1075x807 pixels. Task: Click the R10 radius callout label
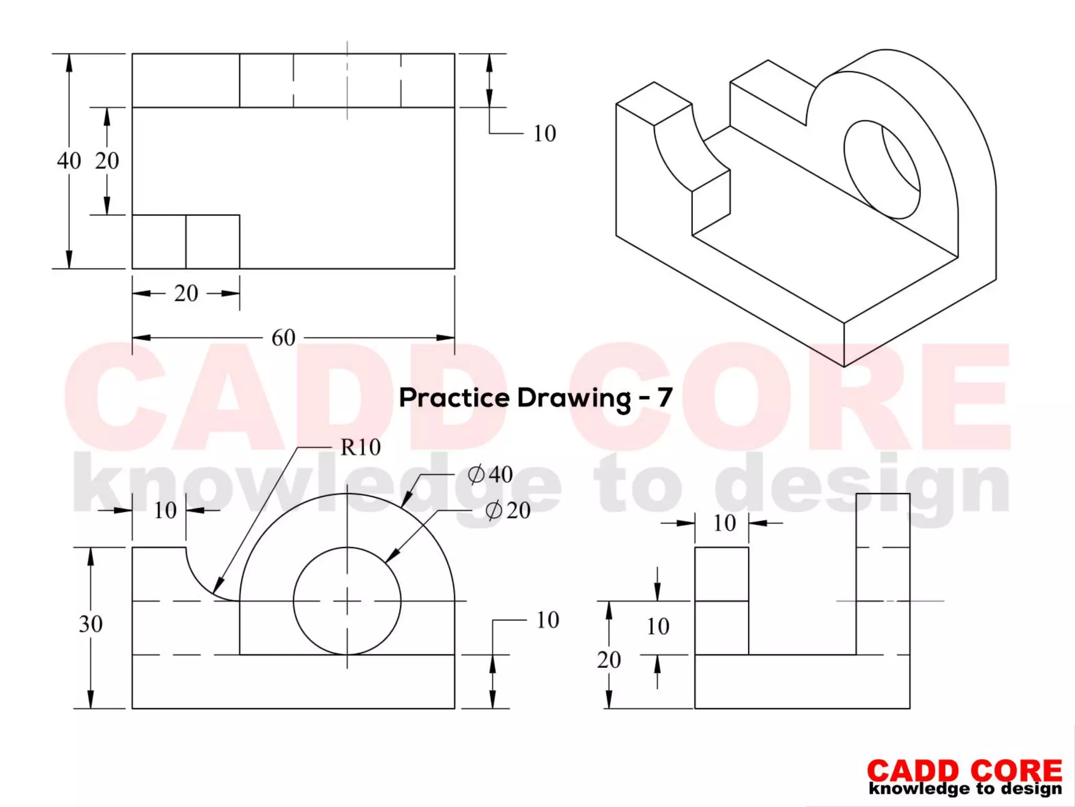point(360,447)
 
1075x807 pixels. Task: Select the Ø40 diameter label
point(490,475)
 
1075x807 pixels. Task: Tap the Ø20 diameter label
point(508,510)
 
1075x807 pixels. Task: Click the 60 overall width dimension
point(283,338)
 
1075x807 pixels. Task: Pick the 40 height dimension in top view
point(69,161)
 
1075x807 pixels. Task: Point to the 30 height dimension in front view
point(91,624)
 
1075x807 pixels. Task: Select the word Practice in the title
point(455,398)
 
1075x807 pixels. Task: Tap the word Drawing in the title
point(574,398)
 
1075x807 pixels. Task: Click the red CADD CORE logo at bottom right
point(964,771)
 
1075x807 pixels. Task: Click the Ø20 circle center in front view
point(347,601)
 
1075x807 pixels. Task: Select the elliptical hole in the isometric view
point(882,169)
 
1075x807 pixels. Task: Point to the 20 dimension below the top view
point(186,293)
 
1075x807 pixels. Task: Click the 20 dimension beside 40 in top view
point(107,161)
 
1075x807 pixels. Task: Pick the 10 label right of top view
point(544,134)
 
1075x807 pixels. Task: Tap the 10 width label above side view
point(724,523)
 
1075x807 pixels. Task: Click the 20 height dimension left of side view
point(608,660)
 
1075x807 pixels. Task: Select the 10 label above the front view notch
point(165,510)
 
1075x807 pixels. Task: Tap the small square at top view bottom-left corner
point(159,242)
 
